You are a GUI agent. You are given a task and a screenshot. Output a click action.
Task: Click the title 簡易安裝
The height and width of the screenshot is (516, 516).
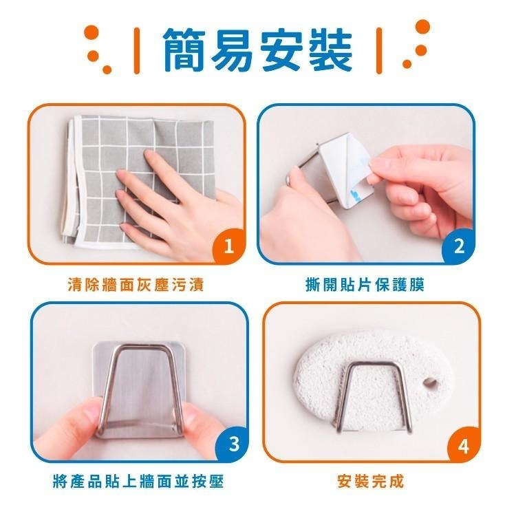[x=257, y=50]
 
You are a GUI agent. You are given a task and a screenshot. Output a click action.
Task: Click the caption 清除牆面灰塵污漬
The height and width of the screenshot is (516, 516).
[x=136, y=283]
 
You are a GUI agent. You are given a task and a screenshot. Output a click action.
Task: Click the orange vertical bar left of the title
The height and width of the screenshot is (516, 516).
[x=136, y=50]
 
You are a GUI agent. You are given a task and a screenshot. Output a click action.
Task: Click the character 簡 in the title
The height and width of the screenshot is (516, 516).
[x=184, y=50]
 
